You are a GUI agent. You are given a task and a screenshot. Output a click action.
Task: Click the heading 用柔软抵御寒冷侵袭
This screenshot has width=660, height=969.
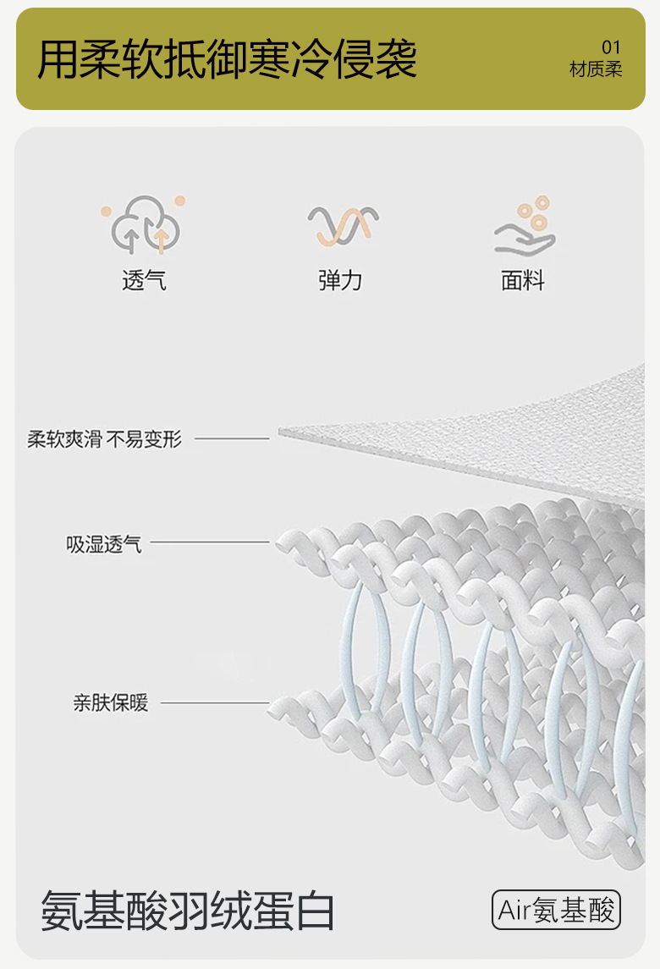(227, 58)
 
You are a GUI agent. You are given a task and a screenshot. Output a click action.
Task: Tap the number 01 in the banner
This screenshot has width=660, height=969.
(611, 47)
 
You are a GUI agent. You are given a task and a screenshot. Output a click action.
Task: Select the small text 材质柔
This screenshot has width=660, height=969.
(596, 69)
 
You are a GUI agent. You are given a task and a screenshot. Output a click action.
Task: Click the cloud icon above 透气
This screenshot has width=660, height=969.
(145, 225)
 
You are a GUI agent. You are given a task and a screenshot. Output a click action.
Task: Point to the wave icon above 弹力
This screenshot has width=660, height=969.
(341, 226)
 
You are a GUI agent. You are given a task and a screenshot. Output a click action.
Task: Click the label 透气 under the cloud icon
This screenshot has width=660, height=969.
(145, 280)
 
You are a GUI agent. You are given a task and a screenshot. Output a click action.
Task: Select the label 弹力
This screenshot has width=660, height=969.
(340, 280)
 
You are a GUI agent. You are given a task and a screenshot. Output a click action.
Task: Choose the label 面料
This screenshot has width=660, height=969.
(523, 280)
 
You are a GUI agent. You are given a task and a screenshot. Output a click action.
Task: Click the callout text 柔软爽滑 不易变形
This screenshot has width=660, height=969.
(104, 439)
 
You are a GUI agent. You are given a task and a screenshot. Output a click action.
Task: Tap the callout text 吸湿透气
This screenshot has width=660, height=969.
(104, 543)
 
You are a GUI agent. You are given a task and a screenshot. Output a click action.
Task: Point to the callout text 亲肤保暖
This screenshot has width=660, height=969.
(110, 702)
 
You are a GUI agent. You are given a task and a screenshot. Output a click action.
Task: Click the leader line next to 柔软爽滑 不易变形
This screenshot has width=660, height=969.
(231, 438)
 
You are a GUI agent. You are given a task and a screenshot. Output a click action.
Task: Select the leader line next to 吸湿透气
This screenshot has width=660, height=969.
(209, 542)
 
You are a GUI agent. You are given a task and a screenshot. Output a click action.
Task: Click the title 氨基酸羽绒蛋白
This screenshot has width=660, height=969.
(188, 911)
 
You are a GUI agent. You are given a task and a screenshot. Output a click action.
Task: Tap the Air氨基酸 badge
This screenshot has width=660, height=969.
(557, 911)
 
